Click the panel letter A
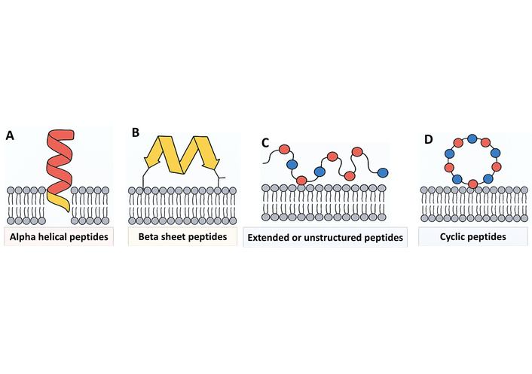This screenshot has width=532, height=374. pos(10,135)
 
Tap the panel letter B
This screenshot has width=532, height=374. pos(136,132)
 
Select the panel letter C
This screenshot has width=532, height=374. pos(265,142)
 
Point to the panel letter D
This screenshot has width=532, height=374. pos(427,139)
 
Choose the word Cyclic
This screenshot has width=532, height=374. pos(454,237)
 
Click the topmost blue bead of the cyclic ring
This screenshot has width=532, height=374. pos(472,138)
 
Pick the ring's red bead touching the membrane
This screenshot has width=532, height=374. pos(472,183)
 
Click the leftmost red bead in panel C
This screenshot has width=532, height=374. pos(285,150)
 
